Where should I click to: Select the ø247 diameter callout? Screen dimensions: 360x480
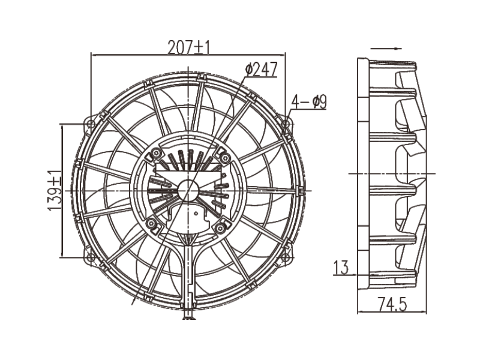(x=261, y=70)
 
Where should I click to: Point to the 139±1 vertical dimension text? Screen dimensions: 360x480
(x=54, y=190)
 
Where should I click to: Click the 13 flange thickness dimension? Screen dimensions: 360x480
(x=341, y=268)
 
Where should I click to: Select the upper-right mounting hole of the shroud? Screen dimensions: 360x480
(x=286, y=124)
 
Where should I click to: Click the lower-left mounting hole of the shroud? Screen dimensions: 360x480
(x=91, y=258)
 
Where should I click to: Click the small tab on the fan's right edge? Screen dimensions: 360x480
(x=300, y=190)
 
